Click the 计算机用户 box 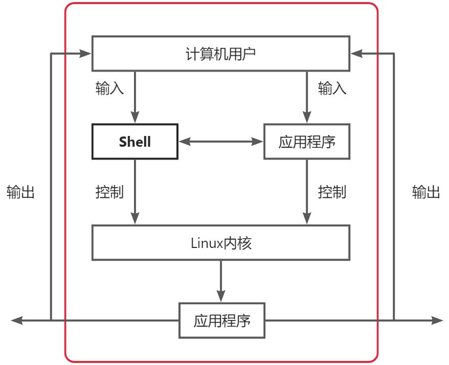pyautogui.click(x=221, y=53)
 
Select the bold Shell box pyautogui.click(x=135, y=142)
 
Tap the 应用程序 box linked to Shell pyautogui.click(x=307, y=142)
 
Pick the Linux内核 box pyautogui.click(x=221, y=243)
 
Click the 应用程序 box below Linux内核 pyautogui.click(x=222, y=321)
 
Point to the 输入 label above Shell pyautogui.click(x=109, y=88)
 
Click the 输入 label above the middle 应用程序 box pyautogui.click(x=332, y=88)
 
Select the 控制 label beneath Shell pyautogui.click(x=109, y=192)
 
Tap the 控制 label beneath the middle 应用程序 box pyautogui.click(x=332, y=192)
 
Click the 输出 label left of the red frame pyautogui.click(x=20, y=192)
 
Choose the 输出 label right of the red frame pyautogui.click(x=426, y=192)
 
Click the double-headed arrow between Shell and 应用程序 pyautogui.click(x=221, y=142)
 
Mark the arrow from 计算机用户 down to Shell pyautogui.click(x=135, y=97)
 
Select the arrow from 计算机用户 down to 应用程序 pyautogui.click(x=307, y=97)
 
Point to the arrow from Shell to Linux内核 pyautogui.click(x=135, y=192)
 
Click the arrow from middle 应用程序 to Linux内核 pyautogui.click(x=307, y=192)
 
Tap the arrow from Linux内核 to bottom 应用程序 pyautogui.click(x=221, y=281)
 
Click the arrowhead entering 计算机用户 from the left pyautogui.click(x=85, y=53)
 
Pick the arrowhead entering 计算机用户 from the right pyautogui.click(x=357, y=53)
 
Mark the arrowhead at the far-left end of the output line pyautogui.click(x=16, y=321)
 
